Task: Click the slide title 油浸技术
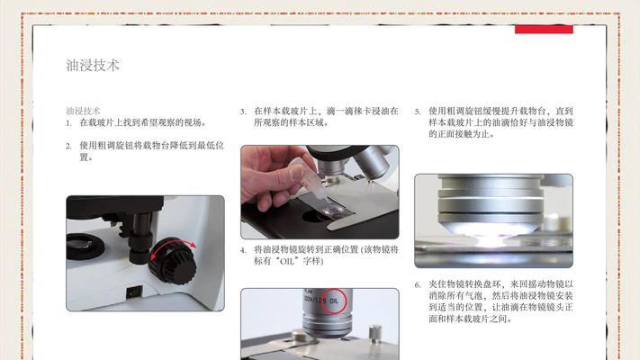coord(93,66)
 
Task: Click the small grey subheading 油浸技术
coord(83,110)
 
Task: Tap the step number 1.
coord(68,121)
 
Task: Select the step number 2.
coord(68,145)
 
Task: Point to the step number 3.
coord(243,111)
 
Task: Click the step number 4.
coord(243,249)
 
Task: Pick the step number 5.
coord(418,111)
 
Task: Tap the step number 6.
coord(418,284)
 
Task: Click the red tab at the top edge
coord(544,30)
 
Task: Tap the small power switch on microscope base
coord(134,291)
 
